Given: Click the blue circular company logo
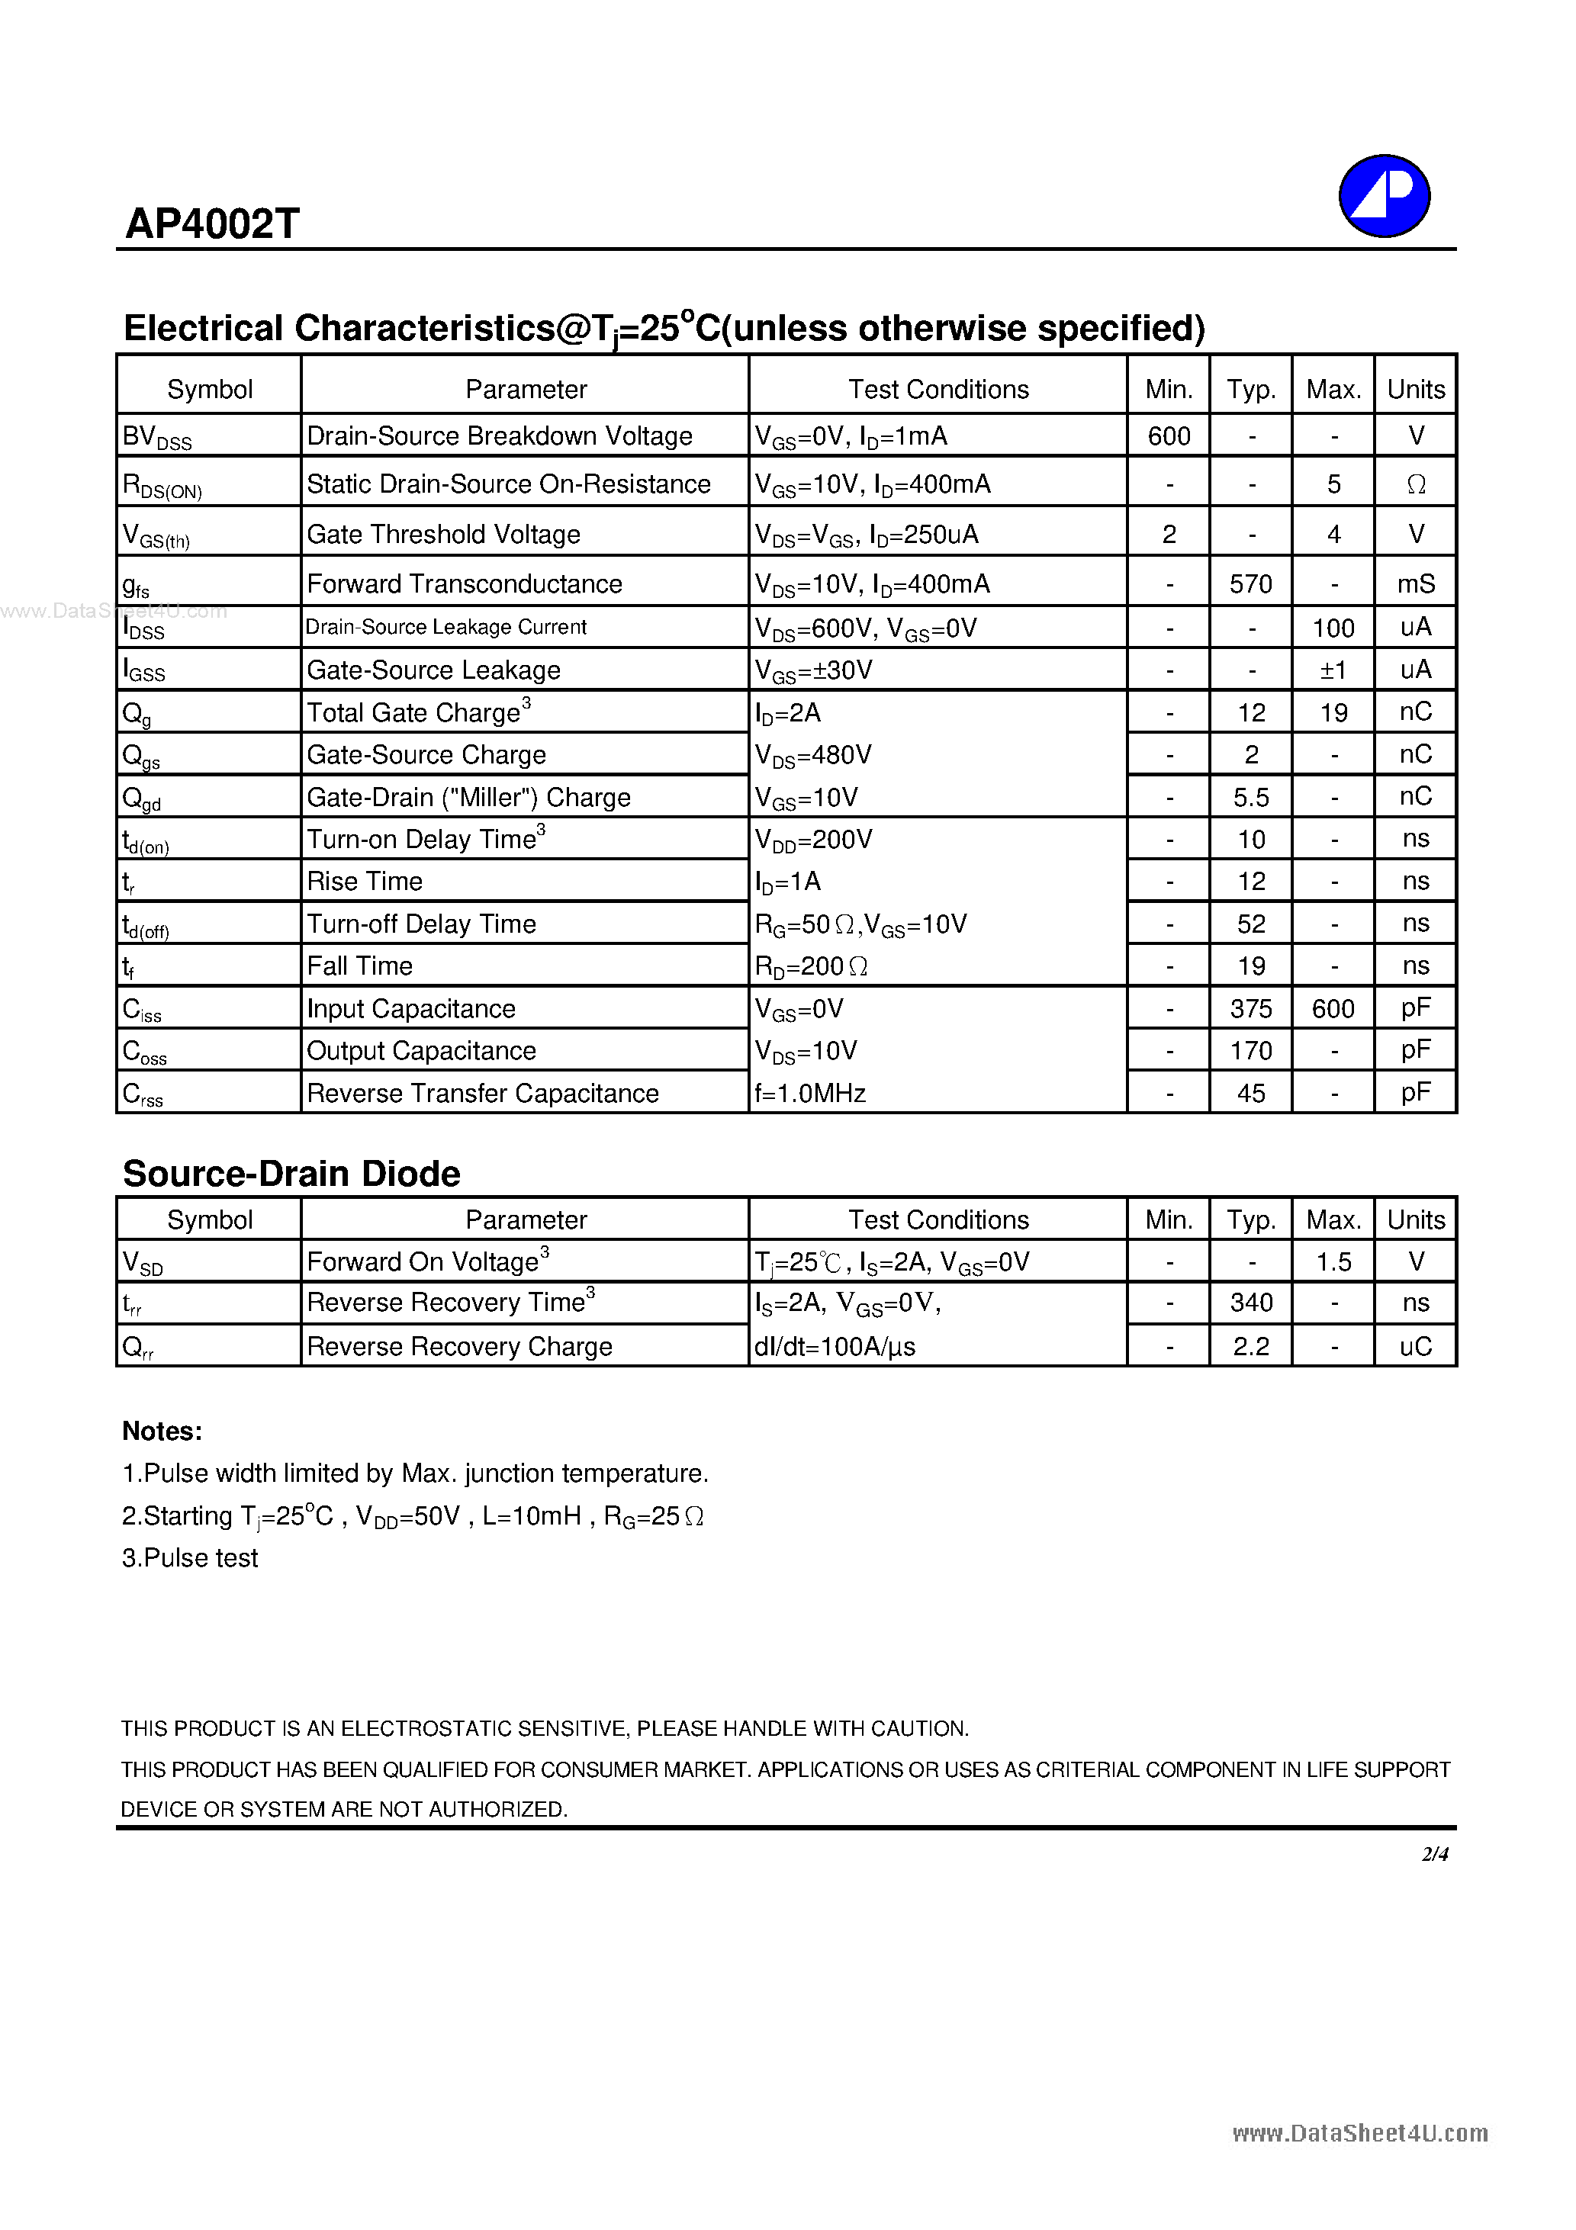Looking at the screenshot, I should (1384, 195).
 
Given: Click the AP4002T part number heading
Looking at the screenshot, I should (212, 224).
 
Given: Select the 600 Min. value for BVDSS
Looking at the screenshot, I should (1168, 436).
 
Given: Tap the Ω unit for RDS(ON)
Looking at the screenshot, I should (1416, 484).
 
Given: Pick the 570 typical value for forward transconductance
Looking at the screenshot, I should (1250, 583).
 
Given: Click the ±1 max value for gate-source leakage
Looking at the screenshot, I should (1333, 670).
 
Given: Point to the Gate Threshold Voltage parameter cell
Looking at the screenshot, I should (443, 534).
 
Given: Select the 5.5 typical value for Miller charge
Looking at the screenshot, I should (1250, 798).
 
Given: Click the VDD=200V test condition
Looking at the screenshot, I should (813, 839).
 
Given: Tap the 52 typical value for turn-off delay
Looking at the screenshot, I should (1250, 924).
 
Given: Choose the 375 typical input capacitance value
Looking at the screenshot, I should (1250, 1009).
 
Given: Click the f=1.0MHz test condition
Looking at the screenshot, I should (810, 1094).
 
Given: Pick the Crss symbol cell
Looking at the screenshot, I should (143, 1094).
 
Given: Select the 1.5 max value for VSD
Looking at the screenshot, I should (1333, 1261).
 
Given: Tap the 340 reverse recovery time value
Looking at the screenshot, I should (1250, 1303).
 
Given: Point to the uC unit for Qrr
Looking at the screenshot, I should (1416, 1346).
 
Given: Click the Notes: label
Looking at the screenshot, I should (162, 1432).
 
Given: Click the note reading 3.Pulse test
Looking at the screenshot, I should (191, 1558).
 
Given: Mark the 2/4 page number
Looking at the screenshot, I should (1434, 1854).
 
